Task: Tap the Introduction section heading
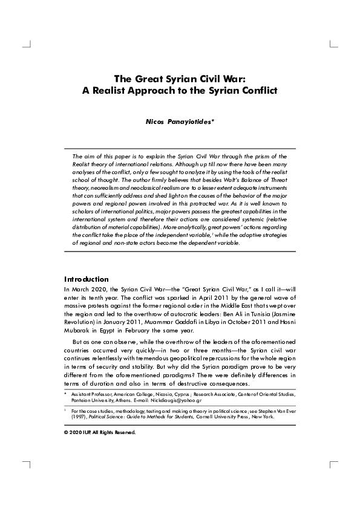click(86, 279)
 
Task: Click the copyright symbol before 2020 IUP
click(66, 433)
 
